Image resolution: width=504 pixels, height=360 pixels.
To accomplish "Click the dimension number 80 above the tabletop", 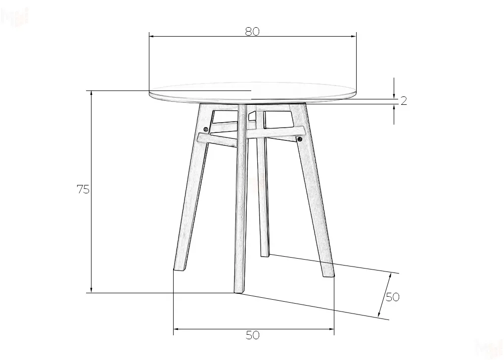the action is tap(252, 31).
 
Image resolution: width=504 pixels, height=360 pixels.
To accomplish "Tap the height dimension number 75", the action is tap(83, 189).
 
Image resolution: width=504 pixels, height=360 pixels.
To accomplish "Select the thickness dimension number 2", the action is tap(404, 101).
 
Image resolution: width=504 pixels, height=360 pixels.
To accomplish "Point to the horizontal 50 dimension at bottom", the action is tap(253, 335).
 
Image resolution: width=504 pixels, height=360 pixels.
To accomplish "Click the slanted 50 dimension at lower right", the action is tap(392, 297).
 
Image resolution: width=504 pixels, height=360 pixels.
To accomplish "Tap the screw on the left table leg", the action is tap(206, 129).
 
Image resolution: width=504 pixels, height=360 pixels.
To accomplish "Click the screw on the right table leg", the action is tap(300, 139).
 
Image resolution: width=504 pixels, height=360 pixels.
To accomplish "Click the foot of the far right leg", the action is tap(328, 273).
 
